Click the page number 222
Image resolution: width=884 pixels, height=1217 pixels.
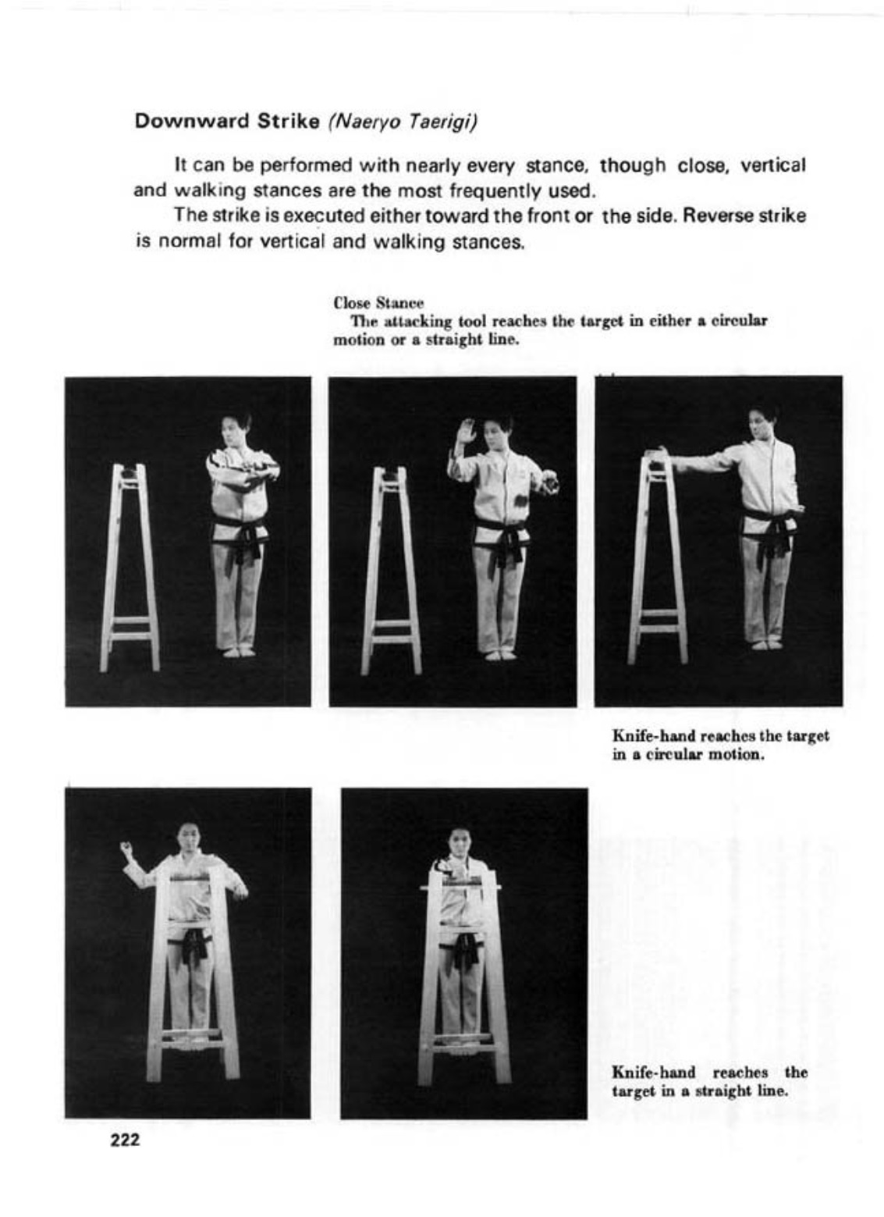(125, 1140)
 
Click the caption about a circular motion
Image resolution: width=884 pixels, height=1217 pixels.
(720, 745)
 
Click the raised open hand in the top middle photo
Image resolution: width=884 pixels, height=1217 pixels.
(466, 432)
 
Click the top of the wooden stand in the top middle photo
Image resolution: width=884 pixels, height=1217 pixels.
(389, 472)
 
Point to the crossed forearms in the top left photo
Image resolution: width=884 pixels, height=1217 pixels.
(244, 472)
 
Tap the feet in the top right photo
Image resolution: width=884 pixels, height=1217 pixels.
(766, 644)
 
